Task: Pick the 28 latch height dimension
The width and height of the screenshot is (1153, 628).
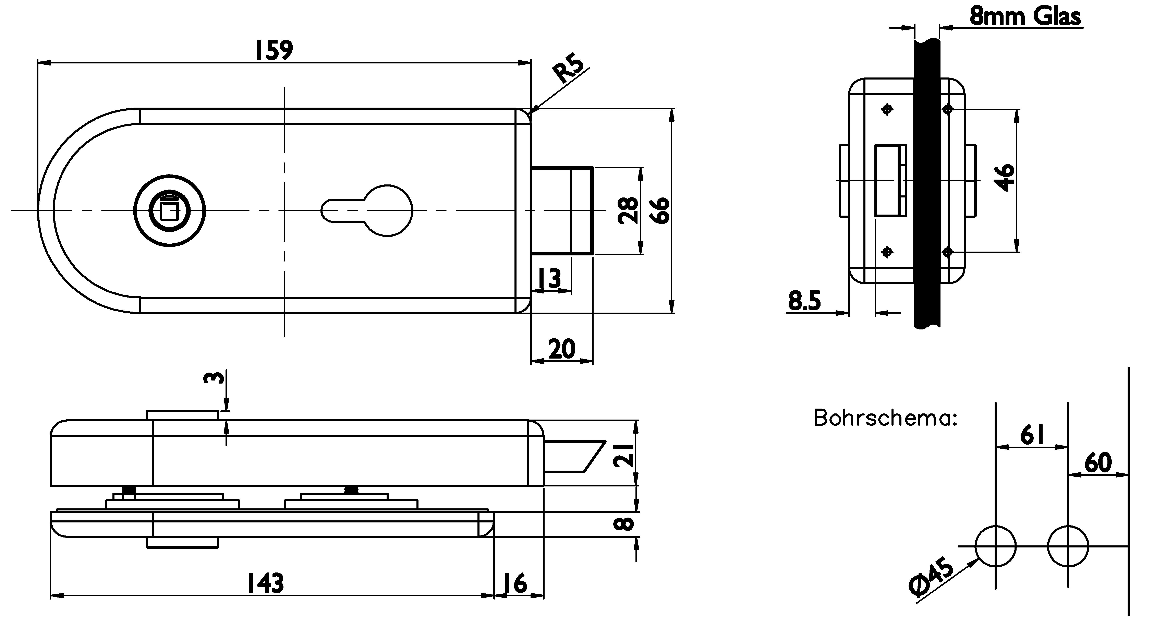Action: tap(628, 210)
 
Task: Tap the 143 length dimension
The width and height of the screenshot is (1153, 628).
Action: tap(266, 583)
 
